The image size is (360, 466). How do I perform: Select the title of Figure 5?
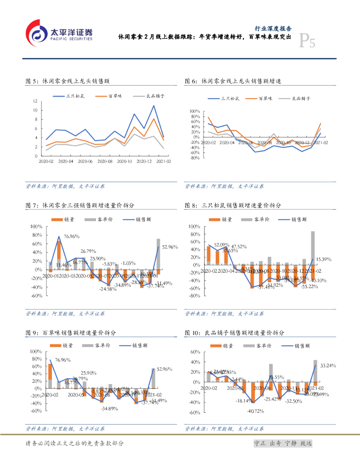tap(68, 81)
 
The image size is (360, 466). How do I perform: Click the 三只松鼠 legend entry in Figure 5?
tap(73, 96)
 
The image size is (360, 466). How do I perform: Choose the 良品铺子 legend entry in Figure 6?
tap(301, 98)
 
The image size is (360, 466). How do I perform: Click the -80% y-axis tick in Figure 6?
tap(194, 158)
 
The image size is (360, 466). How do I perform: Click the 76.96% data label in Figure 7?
tap(72, 237)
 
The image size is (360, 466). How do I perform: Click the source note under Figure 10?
tap(224, 429)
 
